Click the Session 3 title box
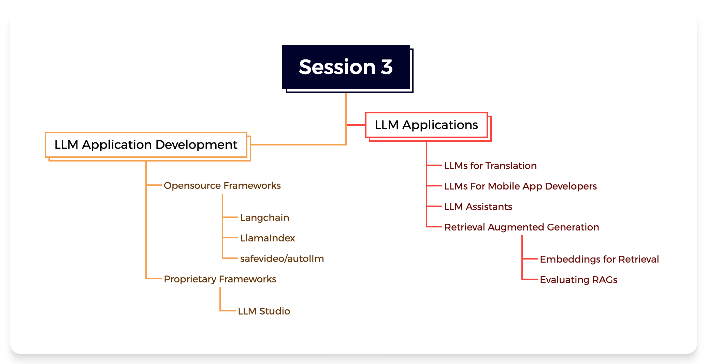(346, 67)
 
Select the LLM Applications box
(427, 125)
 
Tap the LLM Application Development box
(146, 145)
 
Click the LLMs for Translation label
(490, 166)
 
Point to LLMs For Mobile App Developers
(520, 186)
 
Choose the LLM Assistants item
(478, 207)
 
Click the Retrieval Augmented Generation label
(521, 227)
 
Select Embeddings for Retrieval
(599, 259)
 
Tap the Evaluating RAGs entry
(578, 280)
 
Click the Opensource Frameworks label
(222, 185)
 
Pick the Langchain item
(264, 218)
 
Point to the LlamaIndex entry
(268, 238)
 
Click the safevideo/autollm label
(282, 258)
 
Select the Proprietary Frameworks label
(220, 279)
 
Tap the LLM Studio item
(264, 311)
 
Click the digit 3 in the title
(387, 67)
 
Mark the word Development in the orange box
(196, 145)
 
